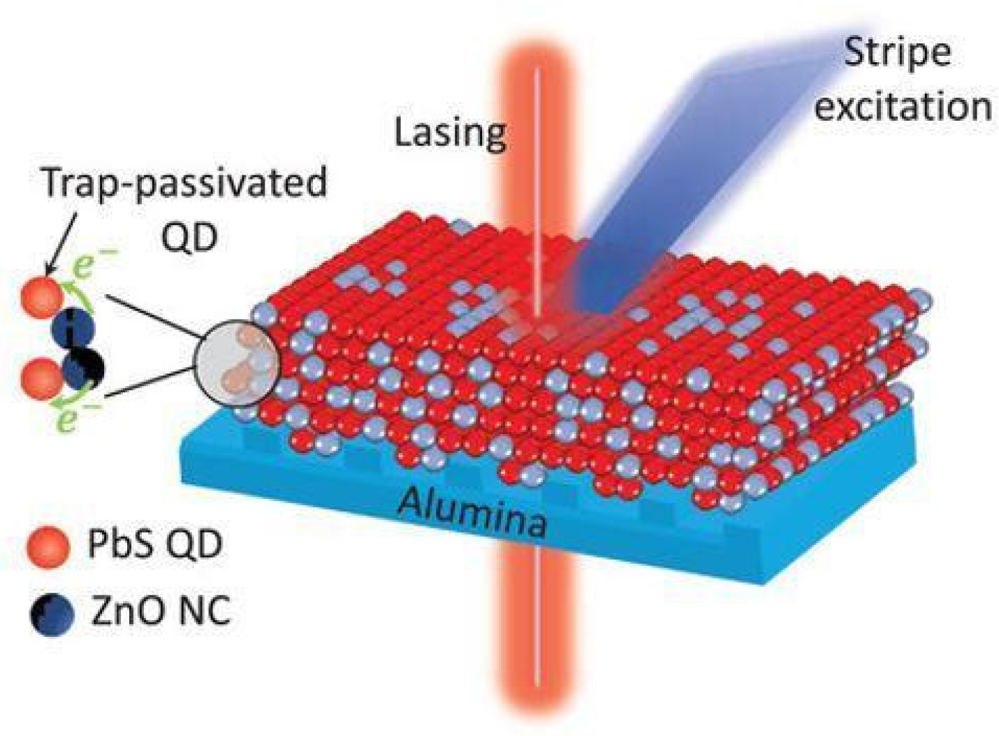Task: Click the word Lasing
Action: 450,131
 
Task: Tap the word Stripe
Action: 897,52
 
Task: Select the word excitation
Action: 903,106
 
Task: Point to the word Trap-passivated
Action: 184,184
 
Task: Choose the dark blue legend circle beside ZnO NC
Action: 52,614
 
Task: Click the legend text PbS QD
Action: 154,544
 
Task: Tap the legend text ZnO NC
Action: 160,612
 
